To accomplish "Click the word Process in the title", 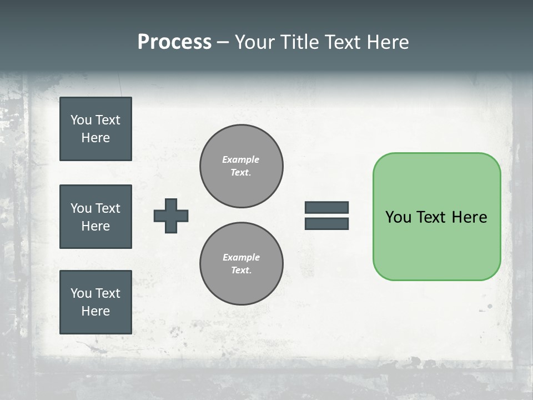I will click(x=174, y=42).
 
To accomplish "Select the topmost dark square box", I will click(x=95, y=129).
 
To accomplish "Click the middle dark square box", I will click(x=95, y=217).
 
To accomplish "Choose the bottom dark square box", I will click(x=95, y=302).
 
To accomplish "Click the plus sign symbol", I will click(x=171, y=216).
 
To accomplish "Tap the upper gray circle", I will click(x=241, y=166).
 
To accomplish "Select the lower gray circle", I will click(x=241, y=264).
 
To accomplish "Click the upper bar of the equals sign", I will click(x=326, y=207).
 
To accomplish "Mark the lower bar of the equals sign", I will click(x=326, y=223).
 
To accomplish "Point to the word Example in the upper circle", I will click(x=240, y=159).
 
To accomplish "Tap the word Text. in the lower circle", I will click(x=241, y=270).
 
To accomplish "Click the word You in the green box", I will click(x=398, y=217).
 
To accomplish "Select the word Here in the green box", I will click(x=469, y=217).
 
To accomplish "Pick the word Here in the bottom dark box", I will click(x=95, y=311).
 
